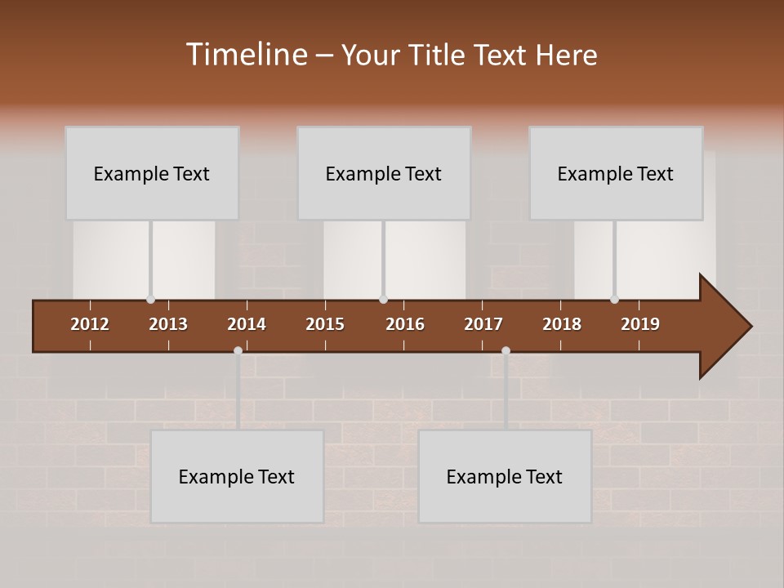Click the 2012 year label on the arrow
[x=90, y=324]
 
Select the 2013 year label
[x=168, y=324]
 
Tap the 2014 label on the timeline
[x=247, y=324]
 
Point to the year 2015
[x=325, y=324]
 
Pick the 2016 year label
[x=405, y=324]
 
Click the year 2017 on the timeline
[x=483, y=324]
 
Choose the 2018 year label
[x=562, y=324]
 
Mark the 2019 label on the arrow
[x=640, y=324]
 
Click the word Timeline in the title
[x=246, y=55]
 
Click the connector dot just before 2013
[x=150, y=300]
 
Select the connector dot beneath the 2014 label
[x=238, y=351]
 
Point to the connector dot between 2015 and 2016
[x=383, y=300]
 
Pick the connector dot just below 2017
[x=506, y=351]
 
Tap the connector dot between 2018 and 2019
[x=614, y=300]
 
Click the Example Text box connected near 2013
[x=152, y=173]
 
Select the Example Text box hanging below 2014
[x=237, y=476]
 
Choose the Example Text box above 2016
[x=384, y=173]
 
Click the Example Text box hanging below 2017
[x=505, y=476]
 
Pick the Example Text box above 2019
[x=616, y=173]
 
